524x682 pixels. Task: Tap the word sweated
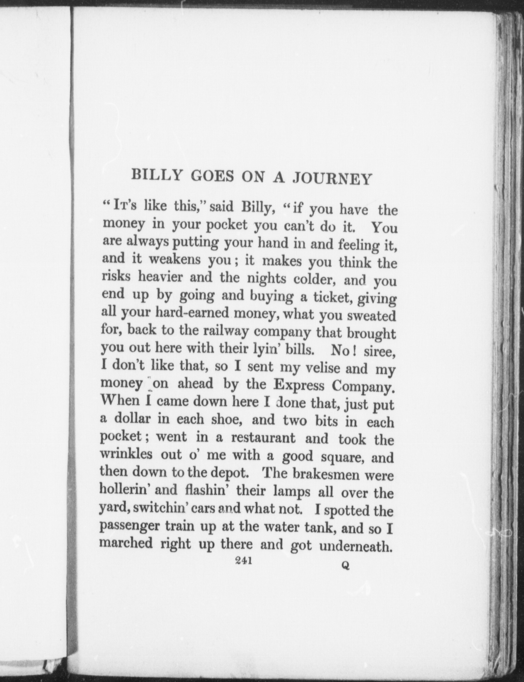click(371, 316)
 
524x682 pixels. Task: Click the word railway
click(228, 331)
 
